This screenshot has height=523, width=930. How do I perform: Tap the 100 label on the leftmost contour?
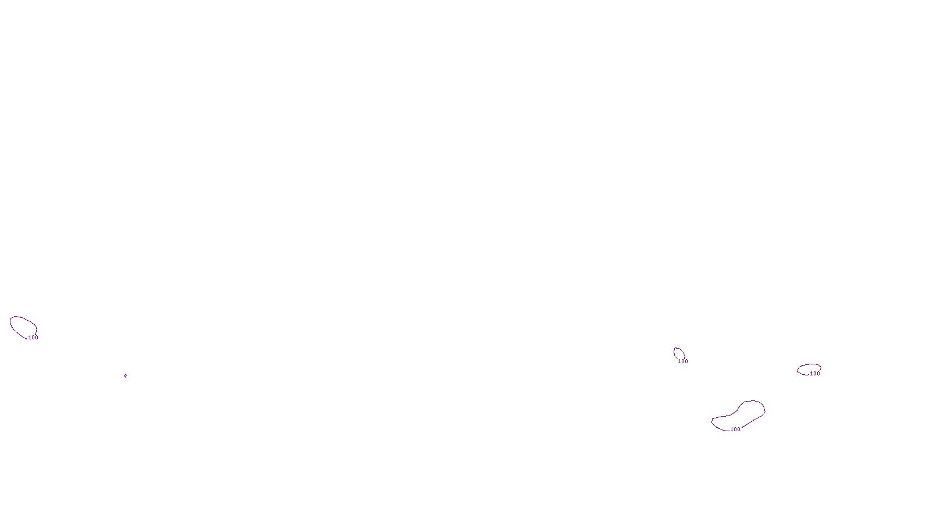point(33,338)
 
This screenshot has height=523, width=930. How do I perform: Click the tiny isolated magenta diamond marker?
point(126,375)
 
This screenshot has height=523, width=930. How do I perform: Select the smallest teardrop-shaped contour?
point(679,354)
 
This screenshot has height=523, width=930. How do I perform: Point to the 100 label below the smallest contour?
point(683,361)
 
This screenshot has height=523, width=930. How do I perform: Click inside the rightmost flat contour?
point(809,369)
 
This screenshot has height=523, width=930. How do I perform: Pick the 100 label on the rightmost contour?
point(815,374)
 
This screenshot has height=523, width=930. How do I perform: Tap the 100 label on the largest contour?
point(735,429)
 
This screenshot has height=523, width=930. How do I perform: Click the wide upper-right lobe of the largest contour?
point(753,409)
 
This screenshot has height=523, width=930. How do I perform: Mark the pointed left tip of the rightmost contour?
point(797,371)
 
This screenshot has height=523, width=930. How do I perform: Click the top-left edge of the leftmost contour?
point(13,318)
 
